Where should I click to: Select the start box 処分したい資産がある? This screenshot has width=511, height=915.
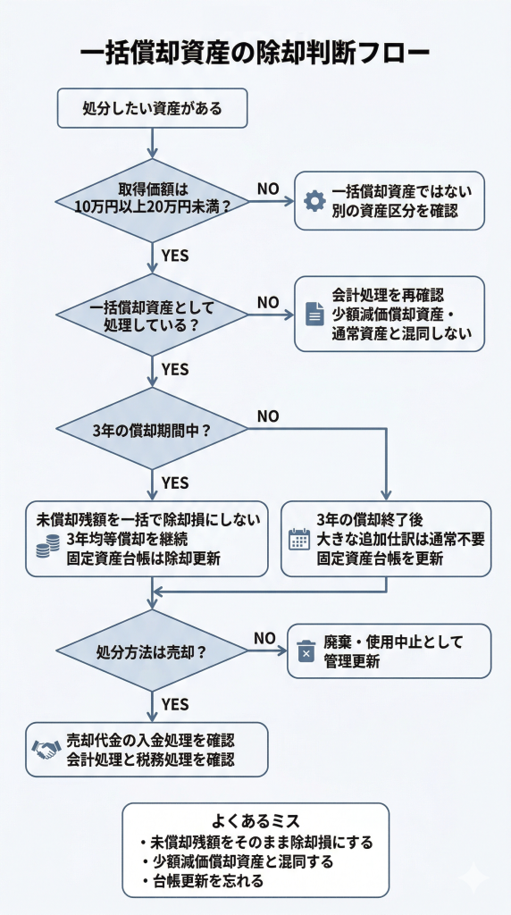click(152, 109)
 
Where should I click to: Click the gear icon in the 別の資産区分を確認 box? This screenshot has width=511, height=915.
click(314, 201)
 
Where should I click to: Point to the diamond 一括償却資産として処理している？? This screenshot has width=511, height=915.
click(153, 314)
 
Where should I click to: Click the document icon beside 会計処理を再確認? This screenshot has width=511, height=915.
click(314, 314)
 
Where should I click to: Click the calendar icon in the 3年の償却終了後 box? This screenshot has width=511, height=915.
click(299, 539)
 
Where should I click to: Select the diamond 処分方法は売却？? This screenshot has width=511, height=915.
click(153, 651)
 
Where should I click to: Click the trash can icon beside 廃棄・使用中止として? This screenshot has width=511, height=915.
click(306, 651)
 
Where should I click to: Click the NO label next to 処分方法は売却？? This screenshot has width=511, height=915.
click(264, 638)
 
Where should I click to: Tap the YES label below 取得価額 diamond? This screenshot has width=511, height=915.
click(175, 256)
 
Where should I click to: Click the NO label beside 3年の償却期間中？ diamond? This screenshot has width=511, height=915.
click(268, 416)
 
